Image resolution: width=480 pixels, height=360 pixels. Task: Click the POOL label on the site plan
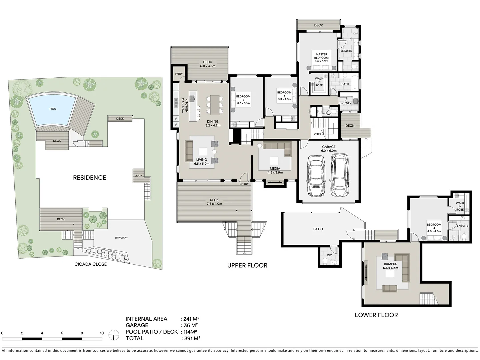53,109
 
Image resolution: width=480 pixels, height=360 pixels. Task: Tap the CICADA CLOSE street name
90,264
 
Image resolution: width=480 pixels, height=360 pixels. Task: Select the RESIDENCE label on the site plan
89,178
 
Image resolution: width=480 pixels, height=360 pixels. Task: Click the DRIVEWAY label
121,238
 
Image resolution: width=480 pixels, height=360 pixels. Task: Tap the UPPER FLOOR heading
247,265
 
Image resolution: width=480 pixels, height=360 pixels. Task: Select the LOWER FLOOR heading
376,315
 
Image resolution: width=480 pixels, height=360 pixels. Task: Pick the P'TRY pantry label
179,74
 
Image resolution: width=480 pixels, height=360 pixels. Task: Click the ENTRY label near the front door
244,184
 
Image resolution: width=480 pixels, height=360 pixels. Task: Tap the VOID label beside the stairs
317,134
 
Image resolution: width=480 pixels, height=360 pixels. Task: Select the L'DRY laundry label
347,103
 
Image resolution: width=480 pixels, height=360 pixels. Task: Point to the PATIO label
318,229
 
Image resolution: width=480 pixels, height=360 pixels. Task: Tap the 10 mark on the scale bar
102,333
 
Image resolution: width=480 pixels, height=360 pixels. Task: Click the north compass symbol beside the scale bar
114,335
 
